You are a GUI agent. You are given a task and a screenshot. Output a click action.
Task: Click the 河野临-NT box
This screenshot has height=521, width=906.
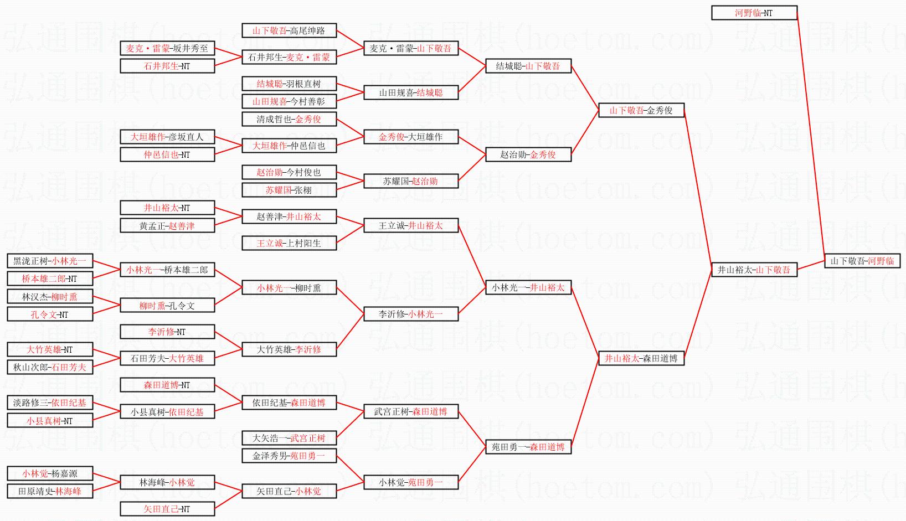[754, 13]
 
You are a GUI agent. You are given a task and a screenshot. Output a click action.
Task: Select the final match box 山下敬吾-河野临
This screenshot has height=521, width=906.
[862, 261]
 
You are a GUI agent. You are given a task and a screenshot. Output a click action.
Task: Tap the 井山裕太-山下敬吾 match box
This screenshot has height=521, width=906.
[754, 270]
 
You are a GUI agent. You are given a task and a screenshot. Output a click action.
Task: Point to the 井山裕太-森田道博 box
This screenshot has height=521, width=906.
[641, 358]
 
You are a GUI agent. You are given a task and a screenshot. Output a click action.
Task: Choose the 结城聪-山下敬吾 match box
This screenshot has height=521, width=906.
[528, 66]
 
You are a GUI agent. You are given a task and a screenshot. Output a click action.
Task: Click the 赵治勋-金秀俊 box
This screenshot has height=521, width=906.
[528, 154]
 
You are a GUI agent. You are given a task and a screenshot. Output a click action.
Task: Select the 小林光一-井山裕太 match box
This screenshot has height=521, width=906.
[528, 287]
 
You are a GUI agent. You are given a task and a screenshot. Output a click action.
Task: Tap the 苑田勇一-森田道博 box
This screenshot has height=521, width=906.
[528, 447]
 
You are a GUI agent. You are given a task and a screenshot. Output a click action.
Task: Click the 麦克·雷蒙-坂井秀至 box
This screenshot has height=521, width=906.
[167, 48]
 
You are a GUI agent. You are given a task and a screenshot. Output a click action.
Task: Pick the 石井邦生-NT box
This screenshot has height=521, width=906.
[167, 66]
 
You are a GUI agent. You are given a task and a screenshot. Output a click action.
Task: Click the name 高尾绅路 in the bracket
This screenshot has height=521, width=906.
[307, 30]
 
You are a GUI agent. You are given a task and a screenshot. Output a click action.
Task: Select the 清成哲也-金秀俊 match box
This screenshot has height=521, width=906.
[289, 119]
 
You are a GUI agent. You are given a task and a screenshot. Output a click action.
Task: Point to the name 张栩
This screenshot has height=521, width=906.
[302, 190]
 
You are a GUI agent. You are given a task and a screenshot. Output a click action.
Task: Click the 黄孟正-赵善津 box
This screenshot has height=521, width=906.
[167, 225]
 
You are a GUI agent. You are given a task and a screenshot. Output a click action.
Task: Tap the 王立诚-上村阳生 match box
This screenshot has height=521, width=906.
[289, 243]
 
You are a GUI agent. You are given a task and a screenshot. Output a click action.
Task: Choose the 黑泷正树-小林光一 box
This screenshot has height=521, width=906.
[50, 261]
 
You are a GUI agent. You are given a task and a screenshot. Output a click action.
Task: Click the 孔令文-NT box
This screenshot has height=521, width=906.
[50, 314]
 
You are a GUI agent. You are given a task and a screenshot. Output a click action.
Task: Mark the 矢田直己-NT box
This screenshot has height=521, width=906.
[167, 509]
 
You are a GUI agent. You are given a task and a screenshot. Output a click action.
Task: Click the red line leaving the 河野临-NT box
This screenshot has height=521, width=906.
[811, 138]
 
